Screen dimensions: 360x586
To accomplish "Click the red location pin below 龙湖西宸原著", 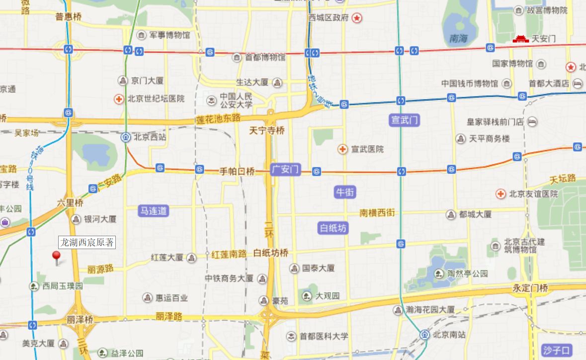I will pos(56,256).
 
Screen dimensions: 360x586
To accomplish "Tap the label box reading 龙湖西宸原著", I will pos(87,243).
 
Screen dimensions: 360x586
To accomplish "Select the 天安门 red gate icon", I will pos(520,39).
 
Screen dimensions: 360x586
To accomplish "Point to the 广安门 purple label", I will pos(286,170).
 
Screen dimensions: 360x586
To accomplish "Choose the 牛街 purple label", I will pos(345,192).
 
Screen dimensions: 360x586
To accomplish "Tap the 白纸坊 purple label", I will pos(333,228).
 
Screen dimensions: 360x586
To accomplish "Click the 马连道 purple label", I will pos(153,211).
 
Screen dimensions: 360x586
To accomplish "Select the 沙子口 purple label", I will pos(557,350).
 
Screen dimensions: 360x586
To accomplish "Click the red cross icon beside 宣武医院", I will pos(342,149).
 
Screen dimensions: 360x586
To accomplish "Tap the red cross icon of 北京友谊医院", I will pos(501,194).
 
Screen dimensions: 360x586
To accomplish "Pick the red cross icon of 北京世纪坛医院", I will pos(119,98).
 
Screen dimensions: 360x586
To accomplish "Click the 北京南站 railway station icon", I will pos(423,334).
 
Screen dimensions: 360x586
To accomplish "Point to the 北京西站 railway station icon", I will pos(126,137).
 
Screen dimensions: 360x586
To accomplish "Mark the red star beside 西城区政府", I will pos(357,18).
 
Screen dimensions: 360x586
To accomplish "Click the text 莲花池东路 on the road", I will pos(218,118).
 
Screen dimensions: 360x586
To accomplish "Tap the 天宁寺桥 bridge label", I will pos(267,130).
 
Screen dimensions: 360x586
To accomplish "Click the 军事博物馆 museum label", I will pos(169,35).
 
